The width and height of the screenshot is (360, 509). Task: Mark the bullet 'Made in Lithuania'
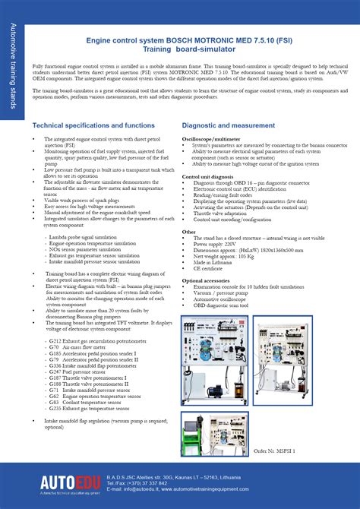tap(216, 261)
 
